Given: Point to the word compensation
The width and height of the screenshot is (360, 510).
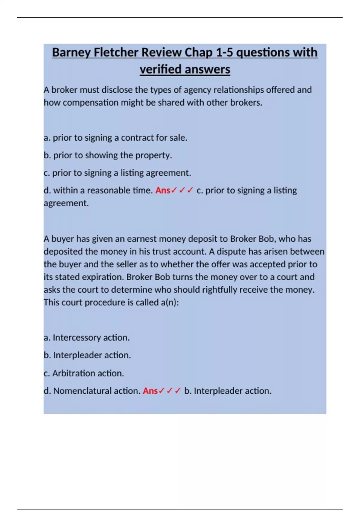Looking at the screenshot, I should coord(91,103).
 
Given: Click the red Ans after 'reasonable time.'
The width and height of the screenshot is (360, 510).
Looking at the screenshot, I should coord(163,190).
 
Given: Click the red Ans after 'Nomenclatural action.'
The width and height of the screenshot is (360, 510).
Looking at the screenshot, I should coord(150,391).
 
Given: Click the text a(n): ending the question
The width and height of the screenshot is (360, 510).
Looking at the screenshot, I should coord(170,302).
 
